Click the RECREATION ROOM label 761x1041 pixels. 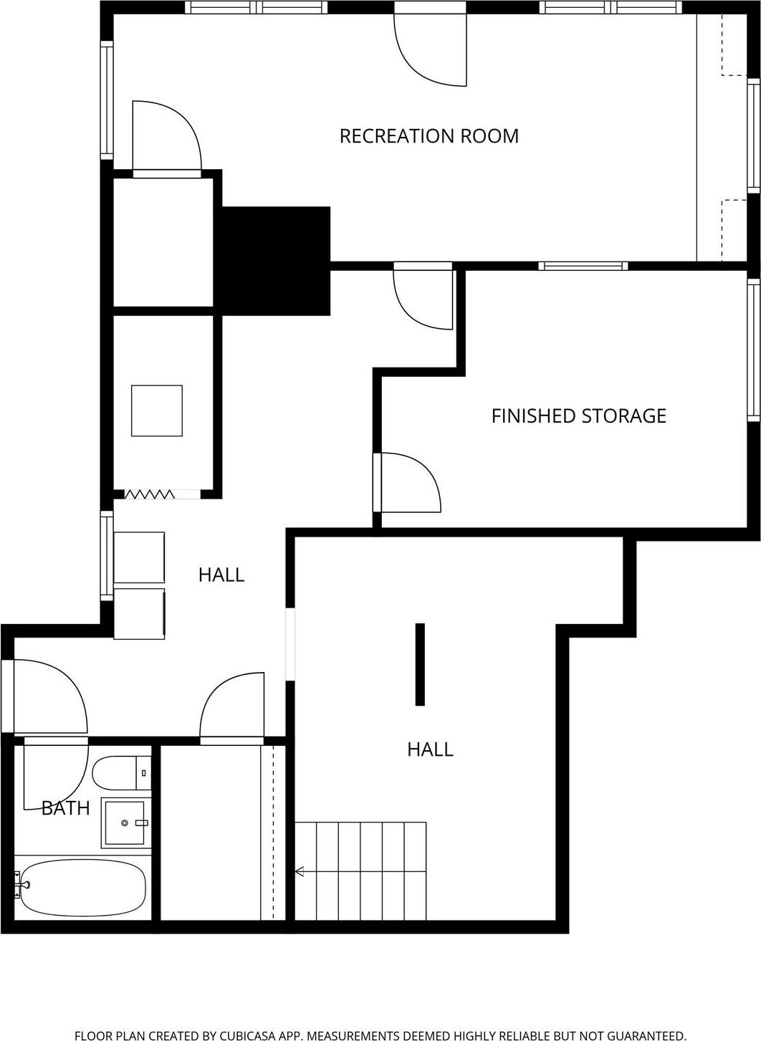click(x=429, y=135)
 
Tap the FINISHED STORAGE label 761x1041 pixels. click(x=578, y=416)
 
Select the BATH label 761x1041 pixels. click(x=65, y=808)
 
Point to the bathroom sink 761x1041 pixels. click(x=125, y=822)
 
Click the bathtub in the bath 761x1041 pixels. click(x=82, y=887)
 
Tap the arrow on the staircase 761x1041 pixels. click(x=300, y=871)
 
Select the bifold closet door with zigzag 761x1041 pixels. click(x=150, y=494)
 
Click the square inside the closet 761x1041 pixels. click(x=156, y=411)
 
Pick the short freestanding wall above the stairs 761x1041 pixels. click(x=420, y=664)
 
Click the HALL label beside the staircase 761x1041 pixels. click(x=430, y=749)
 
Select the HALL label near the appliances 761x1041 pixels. click(x=221, y=575)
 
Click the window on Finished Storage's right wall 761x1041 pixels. click(x=753, y=349)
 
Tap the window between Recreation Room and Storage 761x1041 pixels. click(x=583, y=266)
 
